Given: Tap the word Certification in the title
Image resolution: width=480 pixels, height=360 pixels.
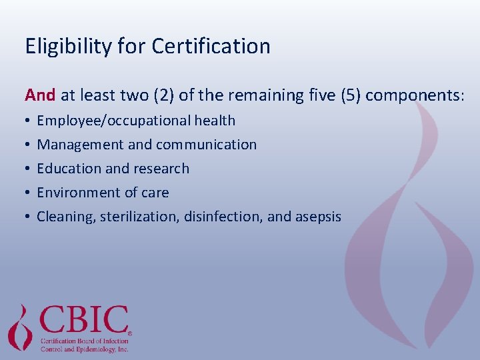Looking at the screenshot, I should click(x=211, y=46).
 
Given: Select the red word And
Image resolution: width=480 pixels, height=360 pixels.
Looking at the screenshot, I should click(x=40, y=95).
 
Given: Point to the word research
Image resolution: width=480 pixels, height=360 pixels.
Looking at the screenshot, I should click(x=163, y=169).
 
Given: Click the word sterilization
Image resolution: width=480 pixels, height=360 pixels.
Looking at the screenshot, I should click(x=140, y=217).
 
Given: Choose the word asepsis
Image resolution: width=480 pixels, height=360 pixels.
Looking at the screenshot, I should click(x=317, y=217).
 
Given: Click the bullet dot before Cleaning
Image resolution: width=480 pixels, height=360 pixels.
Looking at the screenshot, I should click(x=27, y=217).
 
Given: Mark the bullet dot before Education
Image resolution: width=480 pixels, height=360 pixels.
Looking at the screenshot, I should click(x=27, y=169).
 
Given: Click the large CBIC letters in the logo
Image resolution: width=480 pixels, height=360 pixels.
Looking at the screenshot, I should click(x=84, y=321).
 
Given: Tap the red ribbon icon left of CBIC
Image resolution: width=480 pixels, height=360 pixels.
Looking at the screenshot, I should click(x=20, y=326).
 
